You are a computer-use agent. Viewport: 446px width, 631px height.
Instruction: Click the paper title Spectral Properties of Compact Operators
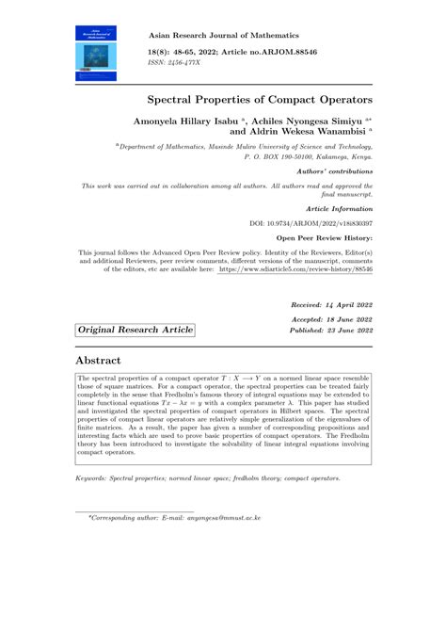pos(260,99)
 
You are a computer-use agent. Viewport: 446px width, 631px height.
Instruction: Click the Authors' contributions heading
pos(334,171)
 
